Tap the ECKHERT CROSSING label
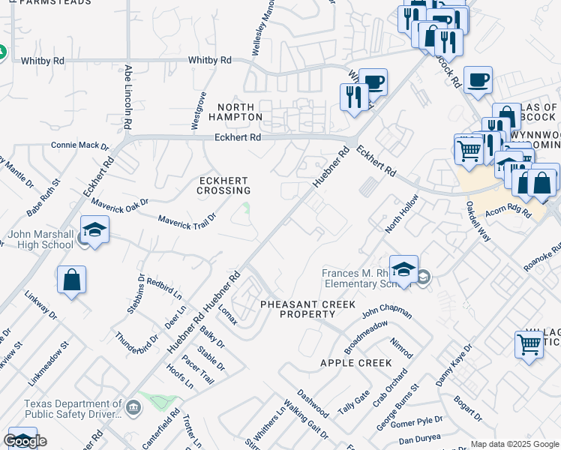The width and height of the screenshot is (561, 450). pos(223,185)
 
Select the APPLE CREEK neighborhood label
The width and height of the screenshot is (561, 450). pos(355,363)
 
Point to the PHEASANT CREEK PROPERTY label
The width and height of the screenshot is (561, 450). pos(296,309)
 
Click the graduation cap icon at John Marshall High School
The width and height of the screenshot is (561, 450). pos(95,231)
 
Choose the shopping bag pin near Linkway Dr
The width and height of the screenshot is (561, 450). pos(72,281)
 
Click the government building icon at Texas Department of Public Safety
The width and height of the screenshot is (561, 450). pos(133,407)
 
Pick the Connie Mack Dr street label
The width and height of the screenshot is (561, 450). pos(79,145)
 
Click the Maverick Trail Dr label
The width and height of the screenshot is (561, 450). pos(187,218)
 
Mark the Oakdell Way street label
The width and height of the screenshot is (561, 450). pos(478,222)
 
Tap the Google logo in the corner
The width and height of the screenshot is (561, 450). pos(25,441)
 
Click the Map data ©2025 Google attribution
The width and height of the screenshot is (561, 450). pos(514,444)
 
